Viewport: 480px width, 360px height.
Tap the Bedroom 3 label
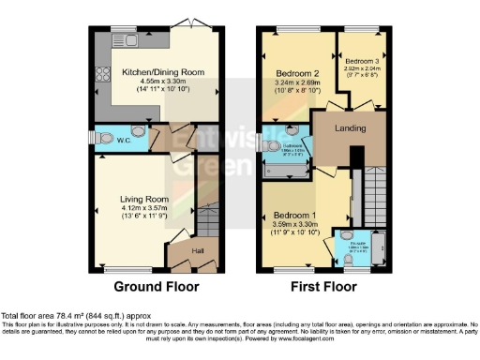(x=361, y=61)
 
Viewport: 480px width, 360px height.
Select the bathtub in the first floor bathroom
(x=282, y=170)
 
